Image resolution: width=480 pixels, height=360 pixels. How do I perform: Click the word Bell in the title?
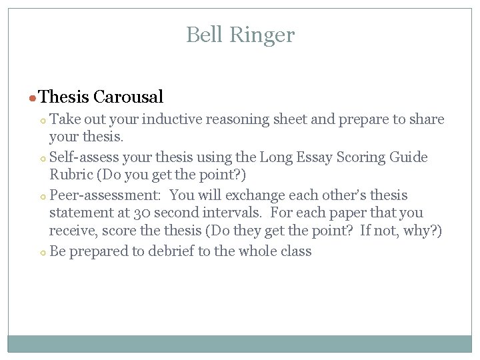pyautogui.click(x=203, y=35)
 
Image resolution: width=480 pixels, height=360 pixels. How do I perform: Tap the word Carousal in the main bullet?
pyautogui.click(x=128, y=97)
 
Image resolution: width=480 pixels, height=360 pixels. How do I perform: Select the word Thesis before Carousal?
pyautogui.click(x=64, y=97)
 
